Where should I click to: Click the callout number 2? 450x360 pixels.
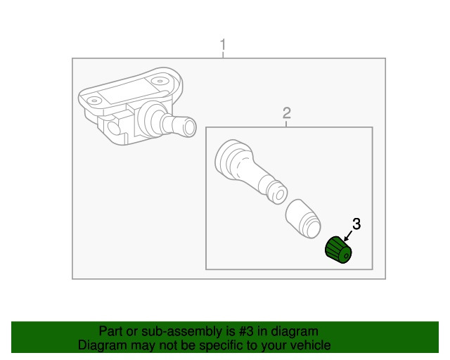(x=287, y=112)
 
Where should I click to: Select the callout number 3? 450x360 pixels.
(x=356, y=224)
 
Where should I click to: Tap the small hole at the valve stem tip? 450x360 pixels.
(x=279, y=192)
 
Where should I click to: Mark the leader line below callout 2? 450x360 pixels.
(x=287, y=124)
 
